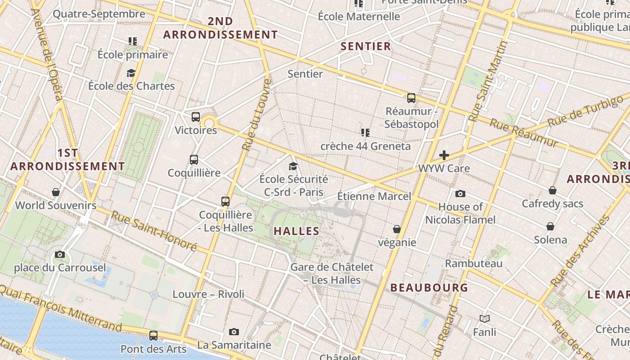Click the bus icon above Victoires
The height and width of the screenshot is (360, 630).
point(196,117)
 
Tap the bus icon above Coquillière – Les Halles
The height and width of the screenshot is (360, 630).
point(225,201)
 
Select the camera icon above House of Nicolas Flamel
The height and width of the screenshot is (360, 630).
point(460,193)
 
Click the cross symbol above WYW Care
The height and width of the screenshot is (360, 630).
point(444,155)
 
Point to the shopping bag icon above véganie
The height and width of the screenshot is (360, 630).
point(397,229)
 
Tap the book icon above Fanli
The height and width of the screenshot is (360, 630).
point(484,319)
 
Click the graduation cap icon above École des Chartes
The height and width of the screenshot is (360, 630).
point(131,73)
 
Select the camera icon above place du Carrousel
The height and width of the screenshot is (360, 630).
point(60,254)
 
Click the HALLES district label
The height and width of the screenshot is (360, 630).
point(297,231)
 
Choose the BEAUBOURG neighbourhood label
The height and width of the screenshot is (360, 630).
point(429,288)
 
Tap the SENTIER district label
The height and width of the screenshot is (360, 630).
point(365,46)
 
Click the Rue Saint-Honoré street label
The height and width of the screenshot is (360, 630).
point(154,231)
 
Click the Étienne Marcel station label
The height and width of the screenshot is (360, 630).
point(374,196)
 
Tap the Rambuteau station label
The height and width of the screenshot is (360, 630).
point(473,263)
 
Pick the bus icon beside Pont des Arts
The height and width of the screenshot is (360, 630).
point(153,335)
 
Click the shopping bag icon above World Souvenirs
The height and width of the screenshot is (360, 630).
point(56,192)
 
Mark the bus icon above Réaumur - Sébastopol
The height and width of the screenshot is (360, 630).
point(411,98)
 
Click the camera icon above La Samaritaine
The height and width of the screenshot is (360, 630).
point(234,332)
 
